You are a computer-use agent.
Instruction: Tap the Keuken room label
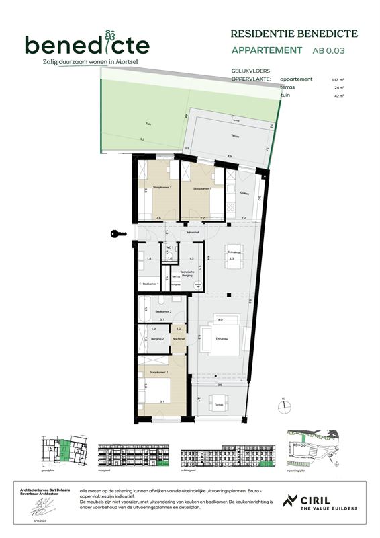pos(244,193)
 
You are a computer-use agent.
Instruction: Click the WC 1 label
pos(170,247)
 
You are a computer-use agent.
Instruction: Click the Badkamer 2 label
pos(162,312)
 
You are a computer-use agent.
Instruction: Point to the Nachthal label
pos(178,339)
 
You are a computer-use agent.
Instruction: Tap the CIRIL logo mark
pos(291,501)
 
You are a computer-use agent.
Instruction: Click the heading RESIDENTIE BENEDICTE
pos(294,34)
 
